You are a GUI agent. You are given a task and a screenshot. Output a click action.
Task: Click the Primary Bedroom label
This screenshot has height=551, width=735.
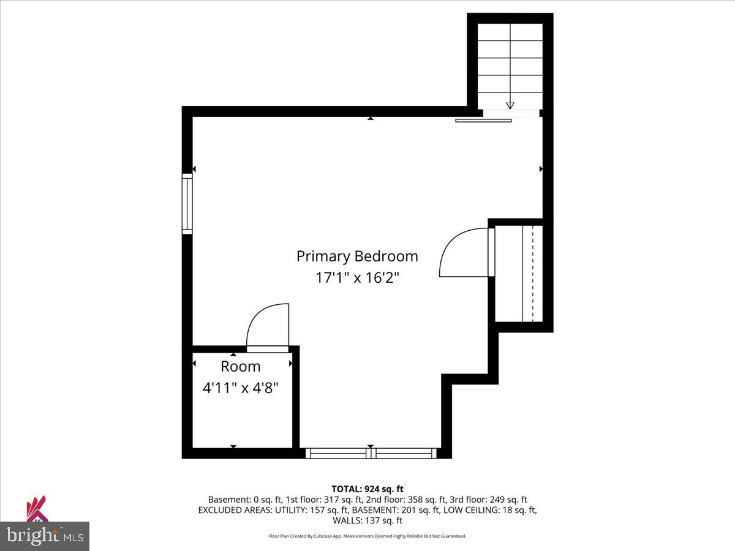tap(357, 256)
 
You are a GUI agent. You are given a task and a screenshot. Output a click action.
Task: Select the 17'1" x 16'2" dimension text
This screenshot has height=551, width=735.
tap(357, 277)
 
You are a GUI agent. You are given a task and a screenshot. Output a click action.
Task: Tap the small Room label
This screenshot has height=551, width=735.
tap(241, 366)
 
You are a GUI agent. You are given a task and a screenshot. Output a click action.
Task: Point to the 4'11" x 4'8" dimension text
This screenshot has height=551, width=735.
tap(241, 388)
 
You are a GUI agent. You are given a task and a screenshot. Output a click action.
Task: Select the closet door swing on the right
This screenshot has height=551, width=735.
tap(464, 253)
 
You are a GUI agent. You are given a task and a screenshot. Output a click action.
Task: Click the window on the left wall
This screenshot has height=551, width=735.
tap(187, 203)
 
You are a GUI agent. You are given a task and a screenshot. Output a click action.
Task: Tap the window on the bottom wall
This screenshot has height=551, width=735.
tap(371, 453)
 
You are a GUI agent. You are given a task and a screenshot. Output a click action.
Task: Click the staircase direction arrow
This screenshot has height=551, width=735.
tap(510, 105)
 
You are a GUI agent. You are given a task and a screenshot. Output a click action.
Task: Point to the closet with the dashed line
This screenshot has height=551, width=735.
tap(519, 273)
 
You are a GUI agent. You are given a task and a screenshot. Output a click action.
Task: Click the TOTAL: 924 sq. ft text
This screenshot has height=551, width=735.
tap(367, 489)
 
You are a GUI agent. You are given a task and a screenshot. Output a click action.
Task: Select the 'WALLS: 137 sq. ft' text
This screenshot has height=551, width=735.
tap(367, 520)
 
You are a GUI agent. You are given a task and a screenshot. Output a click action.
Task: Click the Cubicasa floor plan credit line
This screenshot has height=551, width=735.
tap(367, 536)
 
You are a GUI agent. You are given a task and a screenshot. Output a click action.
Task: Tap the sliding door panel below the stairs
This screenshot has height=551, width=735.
tap(483, 121)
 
